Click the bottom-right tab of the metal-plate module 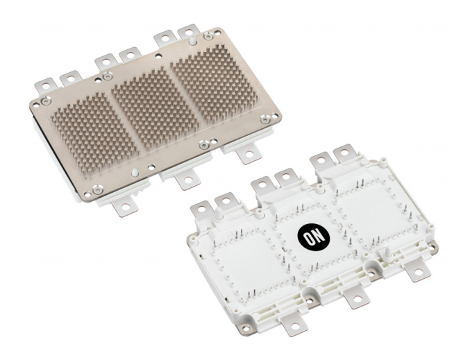coord(246,155)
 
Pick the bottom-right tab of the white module coord(419,273)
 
